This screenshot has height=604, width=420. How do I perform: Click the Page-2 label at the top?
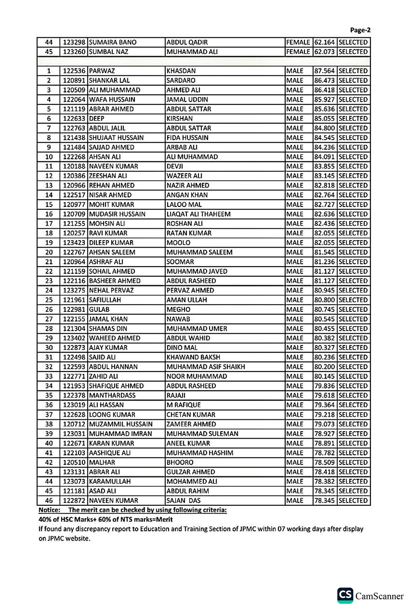click(360, 30)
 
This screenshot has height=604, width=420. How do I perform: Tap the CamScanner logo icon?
click(345, 595)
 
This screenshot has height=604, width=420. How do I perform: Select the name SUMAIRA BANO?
click(113, 42)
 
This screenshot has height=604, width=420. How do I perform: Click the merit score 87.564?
click(324, 71)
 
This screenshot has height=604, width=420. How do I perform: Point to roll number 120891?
click(74, 81)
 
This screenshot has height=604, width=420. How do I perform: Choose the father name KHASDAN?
click(181, 71)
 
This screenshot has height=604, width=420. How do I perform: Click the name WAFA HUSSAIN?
click(112, 99)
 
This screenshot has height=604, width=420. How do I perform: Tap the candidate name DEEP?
click(97, 119)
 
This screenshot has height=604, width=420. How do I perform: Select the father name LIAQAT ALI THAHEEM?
click(198, 214)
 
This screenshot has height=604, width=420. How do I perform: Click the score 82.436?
click(324, 224)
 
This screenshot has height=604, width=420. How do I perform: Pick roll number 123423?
click(74, 243)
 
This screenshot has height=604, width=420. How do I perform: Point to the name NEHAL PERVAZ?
click(111, 290)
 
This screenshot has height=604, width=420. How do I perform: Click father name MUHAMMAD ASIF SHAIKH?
click(205, 367)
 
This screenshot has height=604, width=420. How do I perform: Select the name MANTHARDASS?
click(112, 395)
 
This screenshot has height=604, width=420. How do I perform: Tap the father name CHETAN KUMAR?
click(191, 415)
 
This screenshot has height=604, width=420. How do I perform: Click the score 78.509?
click(324, 463)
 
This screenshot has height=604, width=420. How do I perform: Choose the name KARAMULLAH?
click(110, 481)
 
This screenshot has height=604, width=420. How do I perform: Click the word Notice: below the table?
click(49, 510)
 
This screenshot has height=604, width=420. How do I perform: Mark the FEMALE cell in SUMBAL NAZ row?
click(298, 52)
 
